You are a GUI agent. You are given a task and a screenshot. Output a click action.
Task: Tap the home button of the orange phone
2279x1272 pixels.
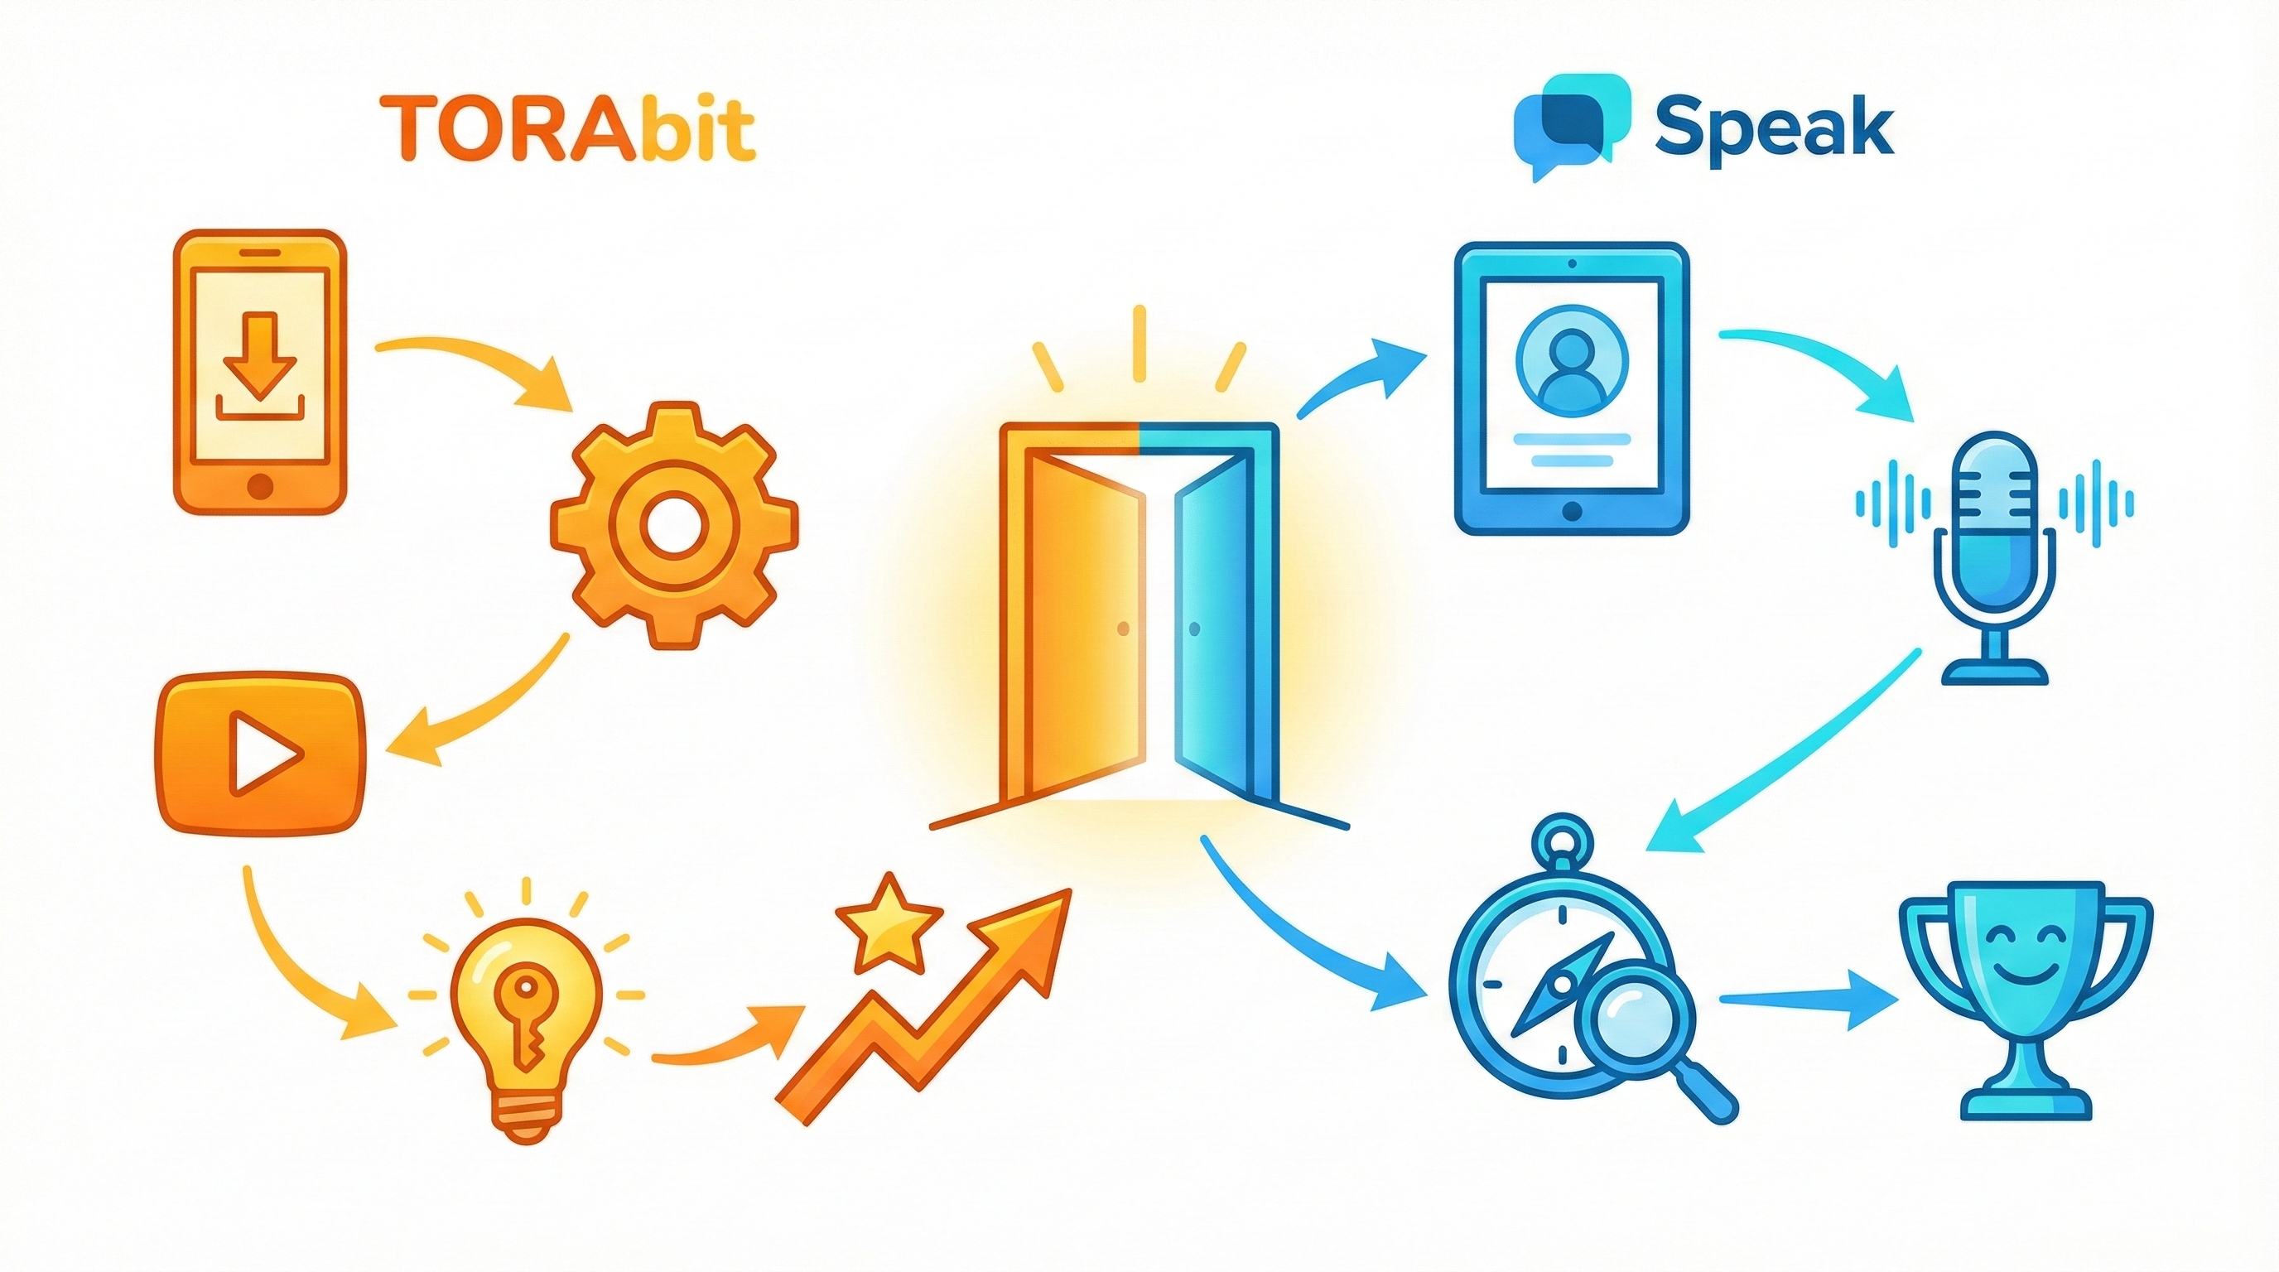[260, 484]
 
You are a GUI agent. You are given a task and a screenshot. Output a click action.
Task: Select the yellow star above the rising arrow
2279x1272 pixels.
[889, 923]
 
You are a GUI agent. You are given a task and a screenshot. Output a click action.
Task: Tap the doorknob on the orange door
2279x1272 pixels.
[1124, 629]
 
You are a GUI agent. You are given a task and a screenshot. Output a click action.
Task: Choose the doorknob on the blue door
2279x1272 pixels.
[1194, 629]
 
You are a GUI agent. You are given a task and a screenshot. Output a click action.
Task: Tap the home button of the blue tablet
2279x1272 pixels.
[1572, 511]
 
